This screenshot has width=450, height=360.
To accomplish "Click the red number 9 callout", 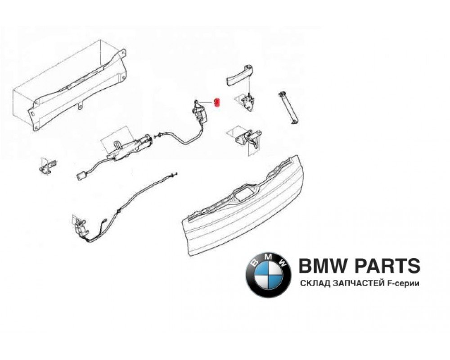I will (216, 103).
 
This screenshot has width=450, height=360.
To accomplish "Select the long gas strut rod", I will (288, 108).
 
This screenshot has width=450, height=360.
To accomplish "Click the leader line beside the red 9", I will (208, 103).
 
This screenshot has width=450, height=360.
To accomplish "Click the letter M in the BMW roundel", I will (268, 256).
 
